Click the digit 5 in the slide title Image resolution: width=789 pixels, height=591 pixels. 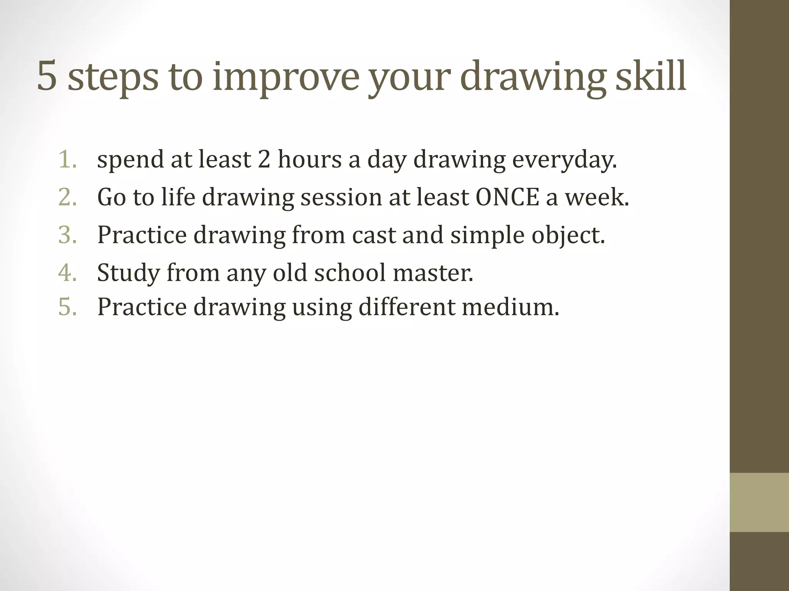coord(47,77)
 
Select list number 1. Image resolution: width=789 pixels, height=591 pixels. coord(68,159)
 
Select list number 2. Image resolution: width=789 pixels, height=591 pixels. coord(68,197)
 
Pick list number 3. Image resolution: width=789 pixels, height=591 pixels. coord(68,235)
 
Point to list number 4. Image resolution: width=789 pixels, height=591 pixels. coord(68,272)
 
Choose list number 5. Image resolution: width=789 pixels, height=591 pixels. coord(68,307)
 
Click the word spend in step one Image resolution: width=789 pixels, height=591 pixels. coord(131,160)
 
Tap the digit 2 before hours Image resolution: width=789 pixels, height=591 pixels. coord(264,159)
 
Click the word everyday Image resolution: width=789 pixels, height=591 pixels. coord(564,160)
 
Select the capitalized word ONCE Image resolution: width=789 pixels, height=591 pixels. coord(507,197)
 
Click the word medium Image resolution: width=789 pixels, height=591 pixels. coord(510,307)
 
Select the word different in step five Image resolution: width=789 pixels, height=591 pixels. coord(407,307)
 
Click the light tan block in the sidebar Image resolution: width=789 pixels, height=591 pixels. coord(759,502)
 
